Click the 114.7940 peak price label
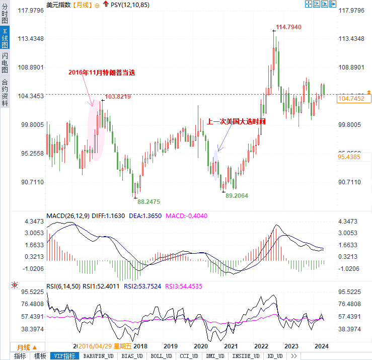pos(288,27)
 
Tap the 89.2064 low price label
pos(237,195)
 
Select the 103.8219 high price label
pos(118,97)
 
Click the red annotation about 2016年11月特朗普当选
pos(102,73)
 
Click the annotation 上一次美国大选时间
pos(236,122)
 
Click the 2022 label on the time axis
pos(261,346)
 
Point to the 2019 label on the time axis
pos(170,346)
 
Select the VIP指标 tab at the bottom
pos(65,356)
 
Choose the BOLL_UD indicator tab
pos(161,356)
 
